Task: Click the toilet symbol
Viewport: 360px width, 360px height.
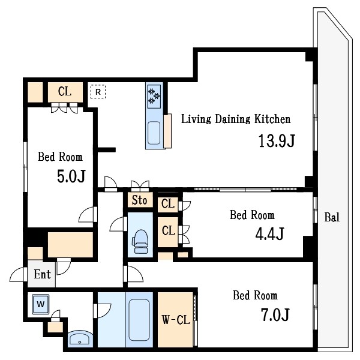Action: coord(140,242)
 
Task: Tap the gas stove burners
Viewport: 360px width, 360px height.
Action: coord(154,97)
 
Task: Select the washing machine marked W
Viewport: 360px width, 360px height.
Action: coord(41,304)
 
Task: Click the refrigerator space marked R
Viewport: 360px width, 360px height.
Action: coord(98,92)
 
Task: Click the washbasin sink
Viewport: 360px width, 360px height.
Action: coord(80,339)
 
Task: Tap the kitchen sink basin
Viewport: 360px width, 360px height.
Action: coord(154,133)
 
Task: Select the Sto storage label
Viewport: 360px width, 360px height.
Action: coord(139,200)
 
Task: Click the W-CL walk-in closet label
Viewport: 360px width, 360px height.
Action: coord(176,320)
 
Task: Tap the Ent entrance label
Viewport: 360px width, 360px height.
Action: coord(42,274)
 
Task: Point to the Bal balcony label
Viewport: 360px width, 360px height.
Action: coord(332,217)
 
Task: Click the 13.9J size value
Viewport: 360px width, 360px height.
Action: coord(277,141)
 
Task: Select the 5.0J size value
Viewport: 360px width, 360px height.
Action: coord(71,176)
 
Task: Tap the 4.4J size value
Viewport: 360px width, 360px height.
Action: coord(270,233)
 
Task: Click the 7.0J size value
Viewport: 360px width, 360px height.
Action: coord(275,315)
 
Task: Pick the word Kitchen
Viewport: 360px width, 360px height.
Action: coord(272,119)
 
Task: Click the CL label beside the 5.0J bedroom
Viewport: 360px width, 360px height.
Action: coord(65,91)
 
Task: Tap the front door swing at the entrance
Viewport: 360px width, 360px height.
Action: coord(17,275)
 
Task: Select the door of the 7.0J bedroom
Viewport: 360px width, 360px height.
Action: coord(134,274)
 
